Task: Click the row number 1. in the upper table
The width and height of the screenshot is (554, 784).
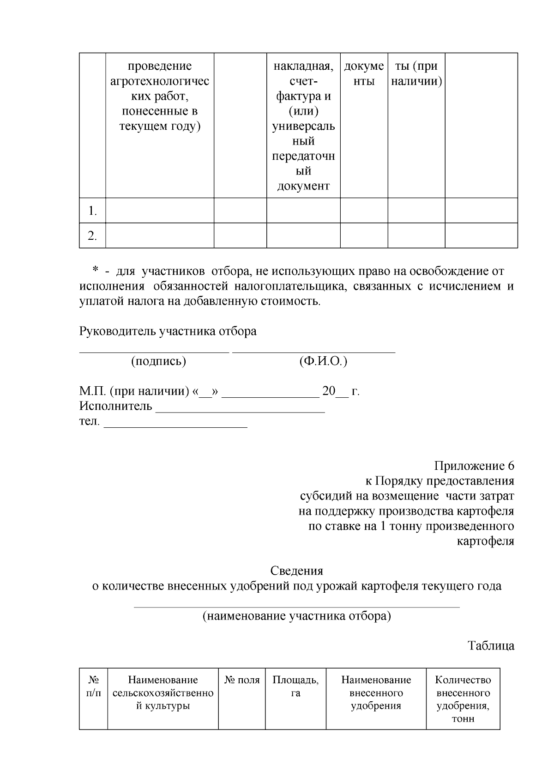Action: click(92, 211)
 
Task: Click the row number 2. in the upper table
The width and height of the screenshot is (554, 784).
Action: click(92, 236)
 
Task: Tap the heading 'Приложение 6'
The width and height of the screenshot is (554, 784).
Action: click(474, 466)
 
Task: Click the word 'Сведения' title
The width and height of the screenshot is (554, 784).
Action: click(296, 571)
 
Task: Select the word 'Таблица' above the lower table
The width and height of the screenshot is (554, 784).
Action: click(491, 645)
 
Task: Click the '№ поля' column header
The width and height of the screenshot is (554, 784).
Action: click(242, 680)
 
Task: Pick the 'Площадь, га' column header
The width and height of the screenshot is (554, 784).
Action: click(295, 687)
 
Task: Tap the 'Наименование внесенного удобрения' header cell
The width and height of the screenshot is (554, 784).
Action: click(376, 693)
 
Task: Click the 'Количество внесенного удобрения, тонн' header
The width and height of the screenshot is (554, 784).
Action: click(463, 699)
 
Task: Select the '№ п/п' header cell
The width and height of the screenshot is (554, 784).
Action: click(94, 687)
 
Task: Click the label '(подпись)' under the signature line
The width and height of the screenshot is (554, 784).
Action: click(158, 361)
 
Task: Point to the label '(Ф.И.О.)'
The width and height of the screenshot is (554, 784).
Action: click(323, 361)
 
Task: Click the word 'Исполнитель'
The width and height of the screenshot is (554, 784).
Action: click(116, 406)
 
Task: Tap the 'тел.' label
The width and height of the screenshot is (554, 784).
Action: click(89, 421)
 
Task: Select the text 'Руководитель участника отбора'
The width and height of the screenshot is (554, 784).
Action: click(168, 331)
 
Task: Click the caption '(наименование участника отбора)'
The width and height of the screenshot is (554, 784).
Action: click(296, 616)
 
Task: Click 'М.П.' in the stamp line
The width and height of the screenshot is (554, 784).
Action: click(92, 391)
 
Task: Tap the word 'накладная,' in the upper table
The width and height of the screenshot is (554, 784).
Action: click(303, 67)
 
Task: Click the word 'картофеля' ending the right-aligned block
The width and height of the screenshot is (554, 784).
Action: click(485, 541)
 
